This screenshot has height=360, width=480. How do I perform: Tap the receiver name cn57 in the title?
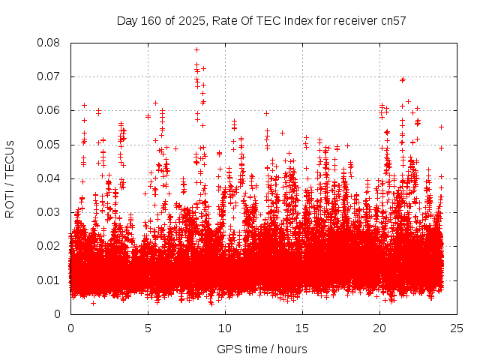pyautogui.click(x=391, y=21)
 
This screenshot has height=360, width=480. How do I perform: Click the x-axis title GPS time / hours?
pyautogui.click(x=262, y=349)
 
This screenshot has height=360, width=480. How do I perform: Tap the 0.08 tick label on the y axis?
pyautogui.click(x=49, y=43)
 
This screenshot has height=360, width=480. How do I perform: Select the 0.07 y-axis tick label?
pyautogui.click(x=49, y=76)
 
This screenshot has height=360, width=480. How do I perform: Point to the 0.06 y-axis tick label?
pyautogui.click(x=49, y=110)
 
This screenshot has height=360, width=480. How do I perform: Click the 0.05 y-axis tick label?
pyautogui.click(x=49, y=145)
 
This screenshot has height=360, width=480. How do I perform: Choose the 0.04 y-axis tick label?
pyautogui.click(x=49, y=178)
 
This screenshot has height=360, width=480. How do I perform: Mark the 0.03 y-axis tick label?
pyautogui.click(x=49, y=212)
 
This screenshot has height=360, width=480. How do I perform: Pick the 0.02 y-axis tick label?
pyautogui.click(x=49, y=246)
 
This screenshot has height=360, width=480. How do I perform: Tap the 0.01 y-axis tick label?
pyautogui.click(x=49, y=280)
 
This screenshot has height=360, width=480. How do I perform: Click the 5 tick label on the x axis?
pyautogui.click(x=148, y=328)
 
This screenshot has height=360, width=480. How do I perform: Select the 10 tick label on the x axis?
pyautogui.click(x=225, y=328)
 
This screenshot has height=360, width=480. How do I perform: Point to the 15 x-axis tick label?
pyautogui.click(x=302, y=328)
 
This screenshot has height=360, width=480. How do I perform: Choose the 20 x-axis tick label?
pyautogui.click(x=379, y=328)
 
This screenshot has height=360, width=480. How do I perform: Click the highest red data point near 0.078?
pyautogui.click(x=196, y=49)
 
